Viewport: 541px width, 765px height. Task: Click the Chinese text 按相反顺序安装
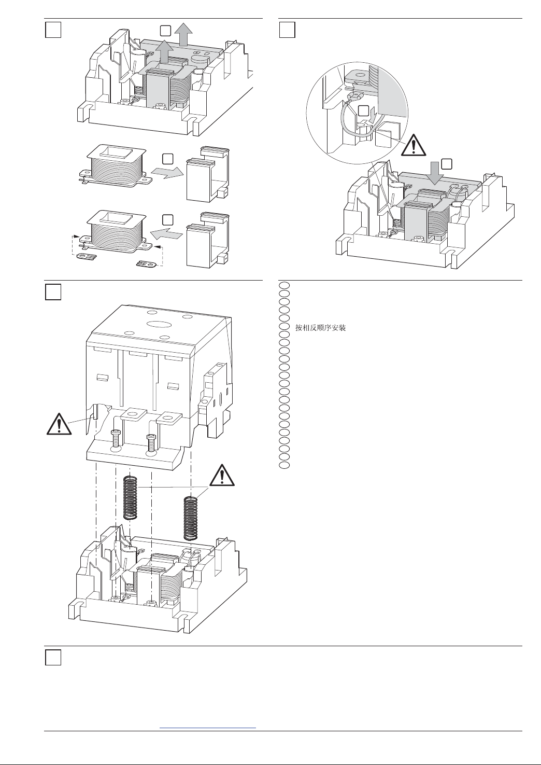coord(320,328)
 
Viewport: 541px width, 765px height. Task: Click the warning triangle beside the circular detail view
coord(414,145)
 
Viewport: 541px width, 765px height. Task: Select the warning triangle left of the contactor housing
coord(59,424)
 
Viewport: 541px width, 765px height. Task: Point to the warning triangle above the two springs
coord(222,475)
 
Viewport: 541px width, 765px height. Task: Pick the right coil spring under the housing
coord(191,519)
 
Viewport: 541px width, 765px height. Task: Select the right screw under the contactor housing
coord(151,443)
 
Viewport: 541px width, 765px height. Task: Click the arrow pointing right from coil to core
coord(167,173)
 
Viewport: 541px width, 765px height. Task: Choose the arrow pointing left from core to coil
coord(166,234)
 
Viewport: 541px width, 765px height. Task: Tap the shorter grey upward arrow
coord(164,51)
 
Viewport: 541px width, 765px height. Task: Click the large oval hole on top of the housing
coord(159,324)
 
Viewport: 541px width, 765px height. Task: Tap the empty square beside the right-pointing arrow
coord(167,159)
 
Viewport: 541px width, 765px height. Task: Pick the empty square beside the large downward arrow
coord(447,164)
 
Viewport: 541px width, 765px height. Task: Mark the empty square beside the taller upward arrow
coord(165,31)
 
